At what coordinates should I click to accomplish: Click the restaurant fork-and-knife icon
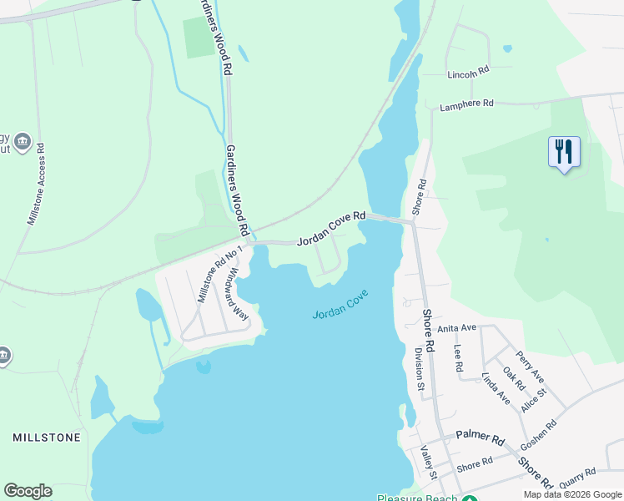pyautogui.click(x=564, y=152)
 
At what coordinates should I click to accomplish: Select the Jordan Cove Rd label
pyautogui.click(x=332, y=228)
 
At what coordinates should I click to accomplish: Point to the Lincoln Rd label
pyautogui.click(x=467, y=73)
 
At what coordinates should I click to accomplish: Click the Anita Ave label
pyautogui.click(x=455, y=327)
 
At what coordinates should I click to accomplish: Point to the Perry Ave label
pyautogui.click(x=531, y=367)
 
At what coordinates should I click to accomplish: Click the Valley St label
pyautogui.click(x=427, y=462)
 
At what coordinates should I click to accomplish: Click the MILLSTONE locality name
pyautogui.click(x=47, y=438)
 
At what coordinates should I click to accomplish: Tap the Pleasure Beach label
pyautogui.click(x=416, y=498)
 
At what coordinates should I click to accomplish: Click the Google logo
pyautogui.click(x=28, y=491)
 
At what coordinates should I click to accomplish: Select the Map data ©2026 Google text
pyautogui.click(x=572, y=494)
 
